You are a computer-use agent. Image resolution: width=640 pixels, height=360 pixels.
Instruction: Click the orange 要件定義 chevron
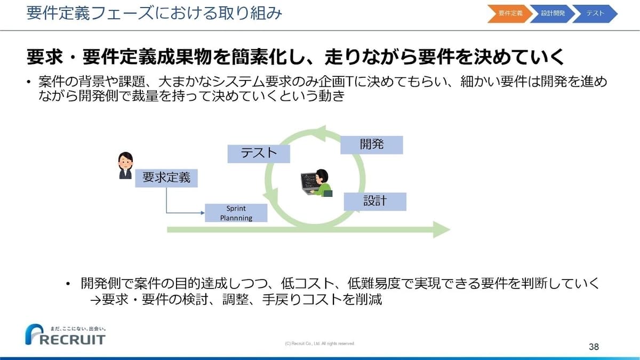pos(510,13)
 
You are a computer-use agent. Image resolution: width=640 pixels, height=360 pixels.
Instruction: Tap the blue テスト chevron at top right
pos(595,13)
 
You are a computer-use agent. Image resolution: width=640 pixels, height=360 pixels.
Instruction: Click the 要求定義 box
pos(166,178)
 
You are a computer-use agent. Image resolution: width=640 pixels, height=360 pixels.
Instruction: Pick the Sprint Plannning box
pos(236,213)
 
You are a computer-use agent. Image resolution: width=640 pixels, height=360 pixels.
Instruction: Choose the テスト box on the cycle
pos(259,154)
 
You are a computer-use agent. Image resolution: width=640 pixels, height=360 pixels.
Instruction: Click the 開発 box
pos(372,145)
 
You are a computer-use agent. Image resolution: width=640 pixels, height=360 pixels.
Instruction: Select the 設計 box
pos(375,202)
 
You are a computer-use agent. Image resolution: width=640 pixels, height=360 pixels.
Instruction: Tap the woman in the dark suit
pos(125,165)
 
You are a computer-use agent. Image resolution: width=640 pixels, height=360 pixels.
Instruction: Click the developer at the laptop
pos(317,183)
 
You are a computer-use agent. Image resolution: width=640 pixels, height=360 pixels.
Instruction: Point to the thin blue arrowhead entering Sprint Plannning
pos(203,213)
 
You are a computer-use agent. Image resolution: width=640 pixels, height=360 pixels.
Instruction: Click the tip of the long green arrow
pos(450,229)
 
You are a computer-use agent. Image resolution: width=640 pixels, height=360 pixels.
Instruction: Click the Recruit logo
pos(66,334)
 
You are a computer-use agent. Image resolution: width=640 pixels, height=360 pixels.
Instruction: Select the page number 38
pos(594,347)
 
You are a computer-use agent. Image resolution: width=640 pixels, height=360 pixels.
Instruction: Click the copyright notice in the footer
pos(319,343)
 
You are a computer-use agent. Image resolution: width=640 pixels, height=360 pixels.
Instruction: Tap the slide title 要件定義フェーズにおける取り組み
pos(154,13)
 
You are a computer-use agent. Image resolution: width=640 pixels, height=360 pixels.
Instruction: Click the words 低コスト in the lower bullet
pos(307,283)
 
